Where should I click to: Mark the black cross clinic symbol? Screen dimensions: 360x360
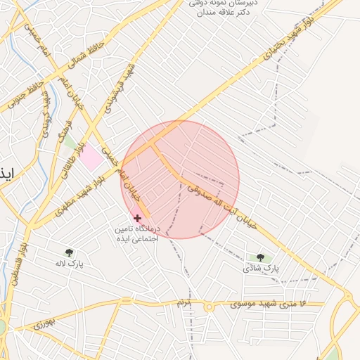pos(136,218)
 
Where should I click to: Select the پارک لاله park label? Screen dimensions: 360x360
pos(70,264)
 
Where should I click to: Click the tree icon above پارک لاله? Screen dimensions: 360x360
pos(70,252)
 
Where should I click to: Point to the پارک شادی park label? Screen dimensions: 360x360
pos(261,268)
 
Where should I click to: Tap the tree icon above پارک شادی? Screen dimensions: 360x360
pos(260,257)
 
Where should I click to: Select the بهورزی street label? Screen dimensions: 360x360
pos(42,325)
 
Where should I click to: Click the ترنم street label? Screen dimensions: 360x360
pos(184,303)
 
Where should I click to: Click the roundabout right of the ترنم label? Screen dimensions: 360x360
pos(208,307)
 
